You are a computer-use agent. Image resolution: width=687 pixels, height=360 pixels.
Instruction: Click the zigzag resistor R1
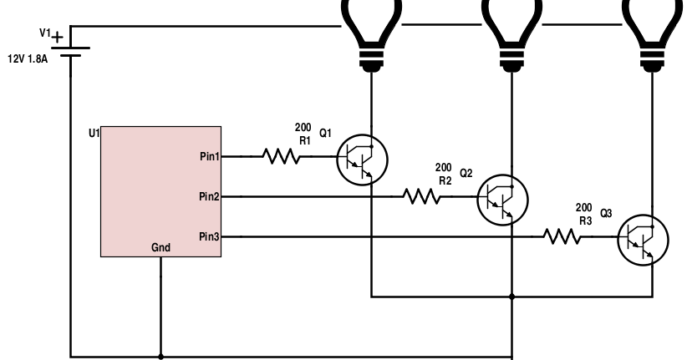[281, 156]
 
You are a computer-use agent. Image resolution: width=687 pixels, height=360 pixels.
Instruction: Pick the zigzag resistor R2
[421, 196]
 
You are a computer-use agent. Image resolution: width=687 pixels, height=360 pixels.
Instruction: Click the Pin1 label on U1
[208, 156]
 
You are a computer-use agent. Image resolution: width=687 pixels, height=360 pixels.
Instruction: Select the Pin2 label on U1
[208, 196]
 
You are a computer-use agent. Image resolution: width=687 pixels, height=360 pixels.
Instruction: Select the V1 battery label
[48, 33]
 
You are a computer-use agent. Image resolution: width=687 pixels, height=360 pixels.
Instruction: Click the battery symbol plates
[72, 48]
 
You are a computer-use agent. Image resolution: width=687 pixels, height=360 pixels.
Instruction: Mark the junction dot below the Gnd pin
[160, 355]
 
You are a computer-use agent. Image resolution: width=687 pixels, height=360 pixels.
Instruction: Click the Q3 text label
[607, 213]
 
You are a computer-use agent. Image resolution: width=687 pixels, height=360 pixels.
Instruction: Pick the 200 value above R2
[443, 167]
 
